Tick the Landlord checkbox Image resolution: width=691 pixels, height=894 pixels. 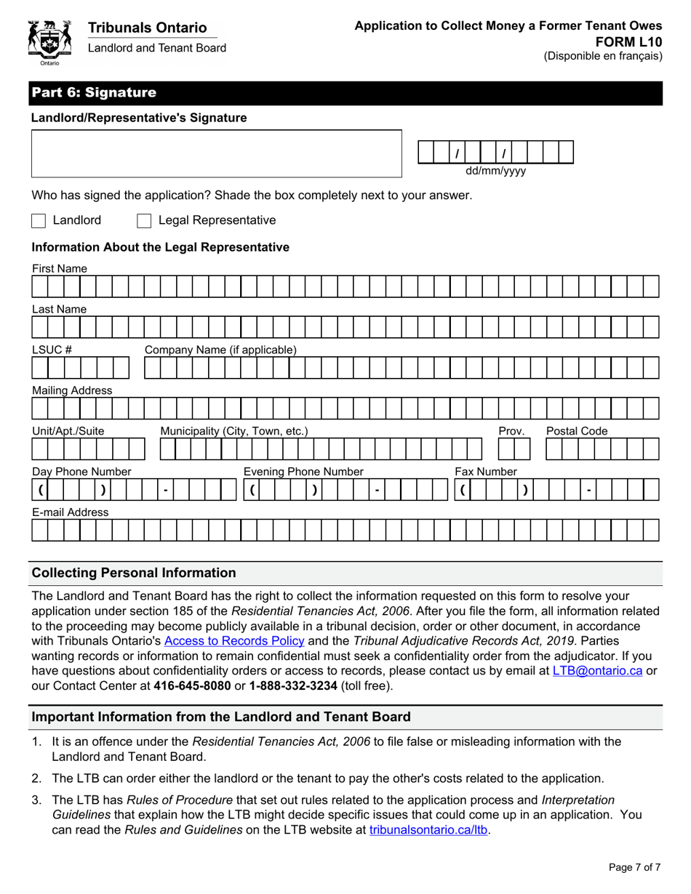click(39, 220)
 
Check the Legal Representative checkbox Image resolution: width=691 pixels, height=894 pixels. click(144, 220)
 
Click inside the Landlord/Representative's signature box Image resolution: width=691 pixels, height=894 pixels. click(216, 153)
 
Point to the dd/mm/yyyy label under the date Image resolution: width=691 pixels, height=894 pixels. click(495, 172)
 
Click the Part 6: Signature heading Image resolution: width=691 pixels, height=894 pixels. click(93, 93)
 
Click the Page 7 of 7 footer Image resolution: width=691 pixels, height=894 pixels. click(634, 866)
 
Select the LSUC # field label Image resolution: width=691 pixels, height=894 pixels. click(52, 350)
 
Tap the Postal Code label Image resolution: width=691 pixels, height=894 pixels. click(577, 431)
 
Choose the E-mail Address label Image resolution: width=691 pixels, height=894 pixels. click(71, 512)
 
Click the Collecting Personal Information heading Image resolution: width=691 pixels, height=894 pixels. click(134, 573)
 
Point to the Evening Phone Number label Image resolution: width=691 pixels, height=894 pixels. click(303, 472)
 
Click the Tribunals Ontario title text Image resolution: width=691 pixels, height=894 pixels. click(148, 28)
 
